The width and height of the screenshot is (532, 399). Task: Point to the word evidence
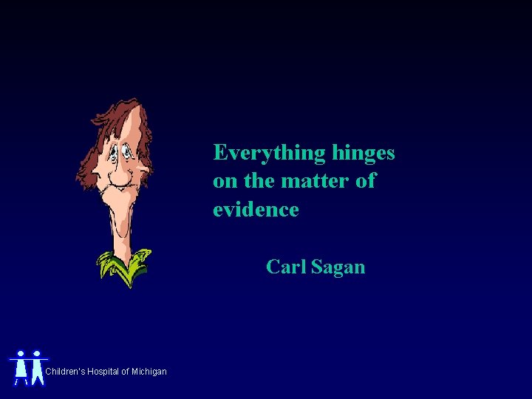pyautogui.click(x=256, y=209)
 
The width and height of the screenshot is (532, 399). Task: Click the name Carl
pyautogui.click(x=286, y=266)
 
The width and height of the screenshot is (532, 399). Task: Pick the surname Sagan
pyautogui.click(x=338, y=267)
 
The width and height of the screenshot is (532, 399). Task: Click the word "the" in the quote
pyautogui.click(x=256, y=180)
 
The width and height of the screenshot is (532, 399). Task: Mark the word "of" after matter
pyautogui.click(x=365, y=180)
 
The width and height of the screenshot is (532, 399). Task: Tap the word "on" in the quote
pyautogui.click(x=224, y=181)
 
